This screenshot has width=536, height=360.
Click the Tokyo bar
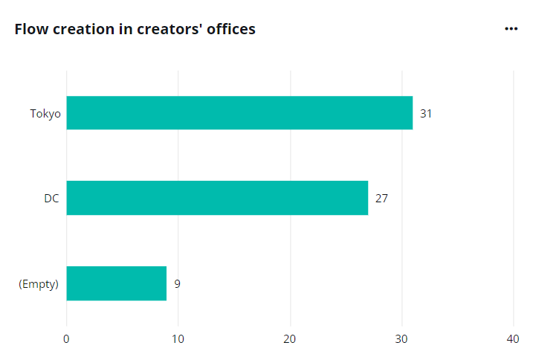(239, 113)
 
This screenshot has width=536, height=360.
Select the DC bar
(217, 198)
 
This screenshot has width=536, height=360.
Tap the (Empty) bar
(117, 283)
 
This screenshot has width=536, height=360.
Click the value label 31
(426, 114)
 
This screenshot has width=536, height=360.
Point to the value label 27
(381, 199)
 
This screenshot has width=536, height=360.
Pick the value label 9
(177, 284)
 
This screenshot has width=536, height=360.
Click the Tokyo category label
(45, 114)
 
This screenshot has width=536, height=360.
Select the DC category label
(51, 199)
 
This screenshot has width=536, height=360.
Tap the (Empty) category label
(39, 284)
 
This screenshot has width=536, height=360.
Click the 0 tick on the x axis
(67, 339)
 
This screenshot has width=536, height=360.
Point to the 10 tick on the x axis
(178, 339)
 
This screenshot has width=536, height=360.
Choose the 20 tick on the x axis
(290, 339)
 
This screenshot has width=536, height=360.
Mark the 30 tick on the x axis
(401, 339)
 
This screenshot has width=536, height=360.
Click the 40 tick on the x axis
(513, 339)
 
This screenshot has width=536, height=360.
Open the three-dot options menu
(511, 29)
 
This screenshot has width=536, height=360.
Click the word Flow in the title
(30, 30)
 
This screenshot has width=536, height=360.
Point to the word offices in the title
(231, 30)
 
